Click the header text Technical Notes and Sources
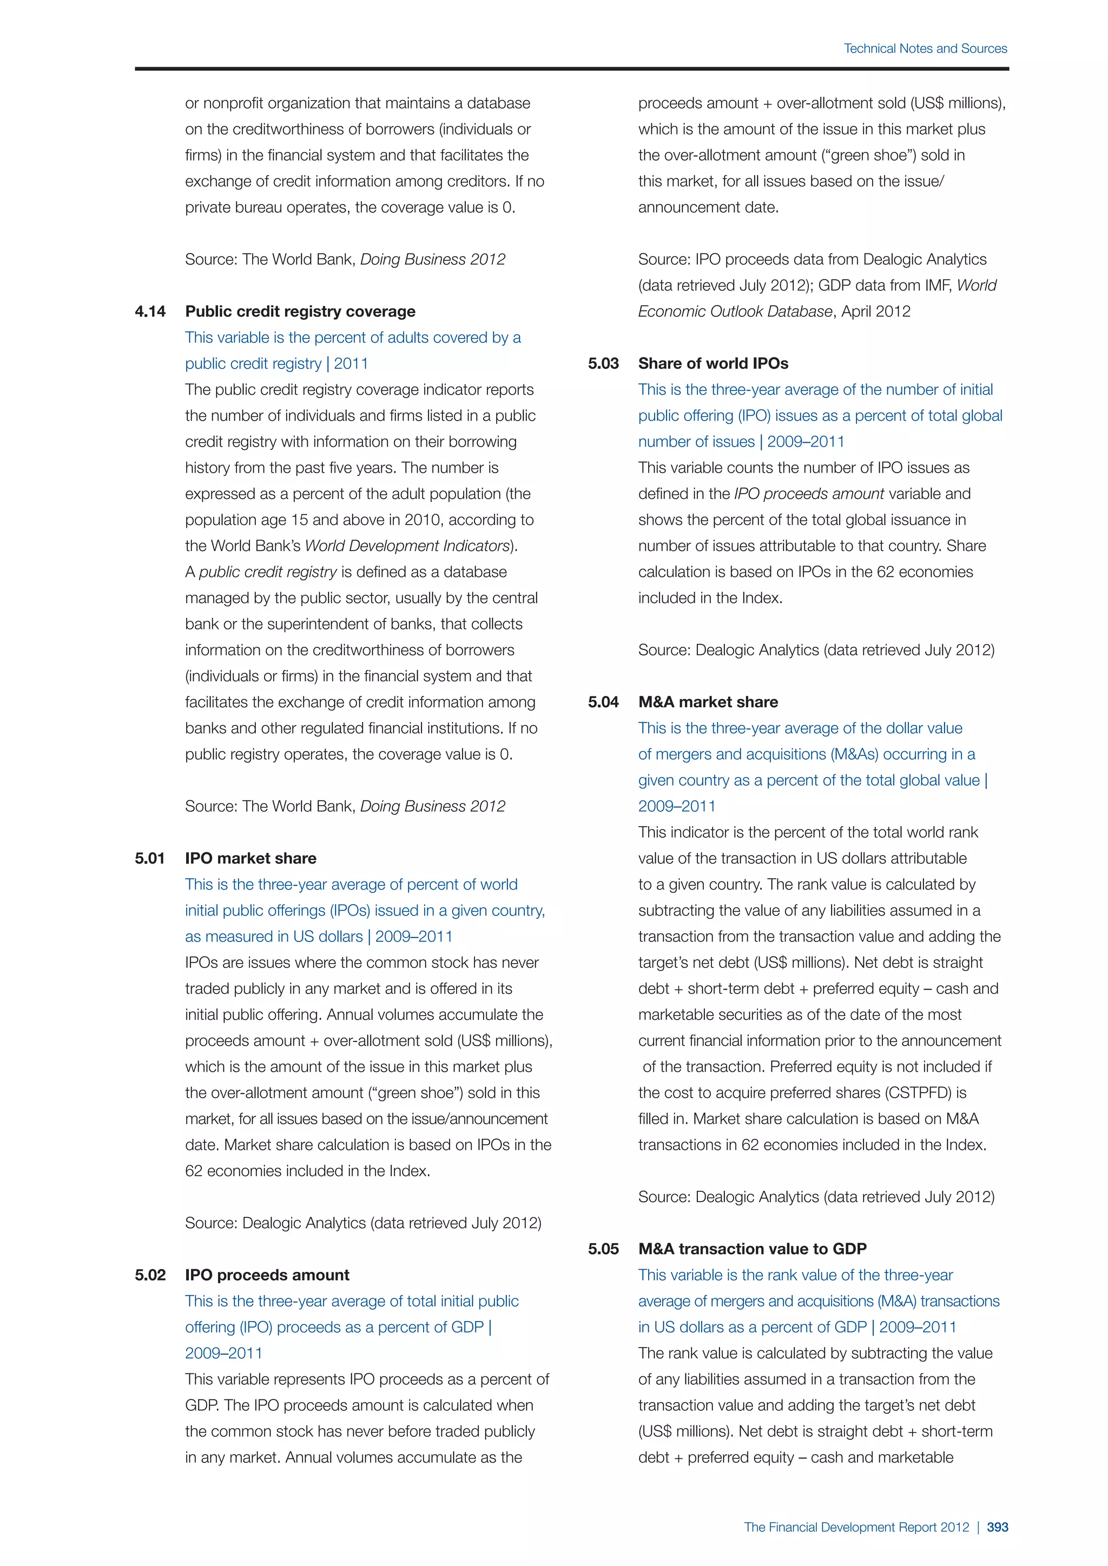pos(925,49)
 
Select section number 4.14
pos(150,311)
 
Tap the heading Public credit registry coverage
pos(300,311)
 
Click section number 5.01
pos(150,859)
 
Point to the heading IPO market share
pos(250,859)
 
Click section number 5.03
pos(603,363)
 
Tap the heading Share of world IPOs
pos(713,363)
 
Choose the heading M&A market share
pos(708,702)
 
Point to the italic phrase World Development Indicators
pos(407,546)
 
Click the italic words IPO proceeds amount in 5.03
pos(809,494)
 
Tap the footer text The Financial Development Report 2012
pos(856,1527)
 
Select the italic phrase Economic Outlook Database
pos(735,311)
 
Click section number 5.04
pos(603,702)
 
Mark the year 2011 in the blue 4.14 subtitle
pos(351,363)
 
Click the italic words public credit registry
pos(267,572)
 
